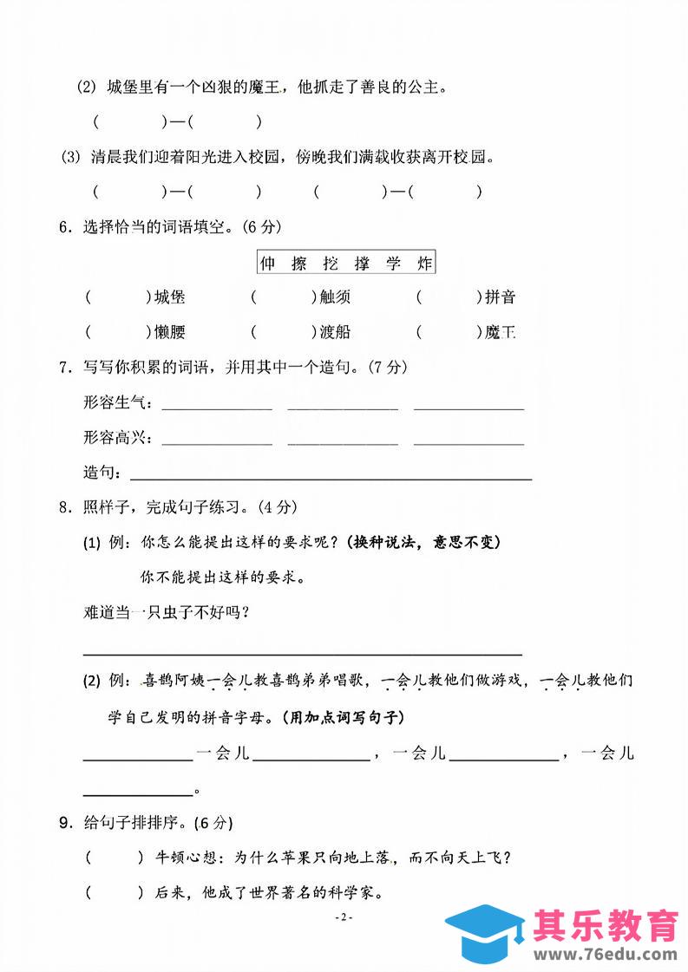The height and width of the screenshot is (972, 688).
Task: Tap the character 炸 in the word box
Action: click(423, 263)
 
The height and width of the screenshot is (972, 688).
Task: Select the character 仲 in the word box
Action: click(267, 263)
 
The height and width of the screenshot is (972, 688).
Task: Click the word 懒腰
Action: click(170, 331)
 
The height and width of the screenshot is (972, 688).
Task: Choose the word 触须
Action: click(335, 297)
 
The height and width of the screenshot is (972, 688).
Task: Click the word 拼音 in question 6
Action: click(500, 297)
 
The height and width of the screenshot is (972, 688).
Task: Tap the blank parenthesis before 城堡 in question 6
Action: click(118, 297)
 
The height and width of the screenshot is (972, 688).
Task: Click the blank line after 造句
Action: click(330, 476)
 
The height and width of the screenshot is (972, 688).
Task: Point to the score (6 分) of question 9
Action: click(213, 822)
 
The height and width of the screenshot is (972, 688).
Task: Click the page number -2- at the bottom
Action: click(344, 918)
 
